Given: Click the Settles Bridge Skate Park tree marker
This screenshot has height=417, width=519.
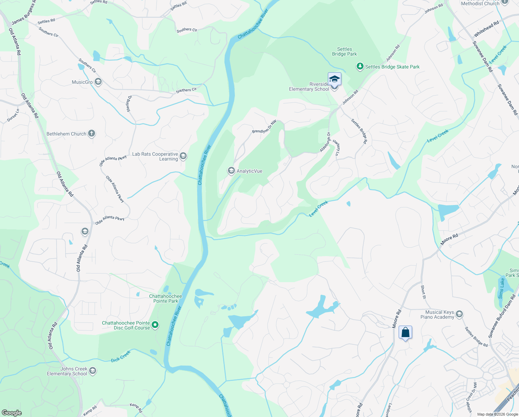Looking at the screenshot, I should (360, 66).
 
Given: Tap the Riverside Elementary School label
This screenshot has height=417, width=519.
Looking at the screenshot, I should (309, 87).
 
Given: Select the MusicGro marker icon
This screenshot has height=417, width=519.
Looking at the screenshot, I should (98, 82).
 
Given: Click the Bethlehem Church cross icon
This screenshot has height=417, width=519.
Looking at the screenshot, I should (91, 133).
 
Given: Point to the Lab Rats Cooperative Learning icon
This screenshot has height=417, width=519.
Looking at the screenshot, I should (183, 156).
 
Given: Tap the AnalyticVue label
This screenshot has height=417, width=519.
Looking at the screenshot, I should (249, 171).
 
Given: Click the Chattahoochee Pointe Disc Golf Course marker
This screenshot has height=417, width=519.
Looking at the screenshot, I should (155, 325).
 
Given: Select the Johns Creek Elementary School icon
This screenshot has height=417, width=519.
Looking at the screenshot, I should (92, 371).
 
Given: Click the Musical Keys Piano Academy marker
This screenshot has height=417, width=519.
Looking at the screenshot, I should (459, 314).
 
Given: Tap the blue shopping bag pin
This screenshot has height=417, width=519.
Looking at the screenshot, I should (405, 333).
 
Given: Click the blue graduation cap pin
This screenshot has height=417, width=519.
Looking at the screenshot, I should (334, 79).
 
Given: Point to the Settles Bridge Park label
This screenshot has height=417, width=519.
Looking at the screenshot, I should (344, 52).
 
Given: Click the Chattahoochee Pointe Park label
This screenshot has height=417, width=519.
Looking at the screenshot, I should (165, 299).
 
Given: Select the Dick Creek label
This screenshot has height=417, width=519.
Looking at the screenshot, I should (121, 356).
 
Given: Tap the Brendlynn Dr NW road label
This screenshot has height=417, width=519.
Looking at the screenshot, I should (264, 127).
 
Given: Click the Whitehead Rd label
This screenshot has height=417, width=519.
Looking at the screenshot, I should (486, 28).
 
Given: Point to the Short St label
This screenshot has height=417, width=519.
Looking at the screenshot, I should (423, 292).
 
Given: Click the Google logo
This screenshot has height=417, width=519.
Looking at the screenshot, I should (11, 412).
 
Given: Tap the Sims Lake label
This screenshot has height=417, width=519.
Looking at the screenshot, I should (501, 288).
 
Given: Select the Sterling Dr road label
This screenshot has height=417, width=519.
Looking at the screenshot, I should (129, 104).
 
